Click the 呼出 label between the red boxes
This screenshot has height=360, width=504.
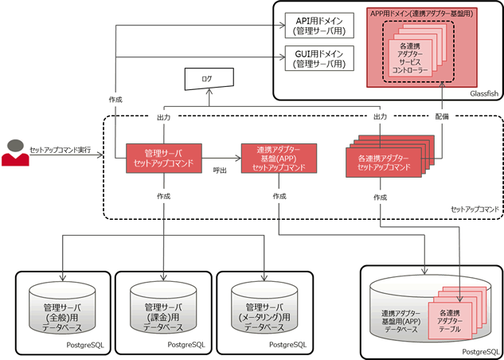point(221,170)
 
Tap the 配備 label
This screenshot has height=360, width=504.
point(442,116)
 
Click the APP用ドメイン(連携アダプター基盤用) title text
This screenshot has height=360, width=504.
point(418,14)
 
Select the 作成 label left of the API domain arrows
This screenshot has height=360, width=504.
point(115,100)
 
